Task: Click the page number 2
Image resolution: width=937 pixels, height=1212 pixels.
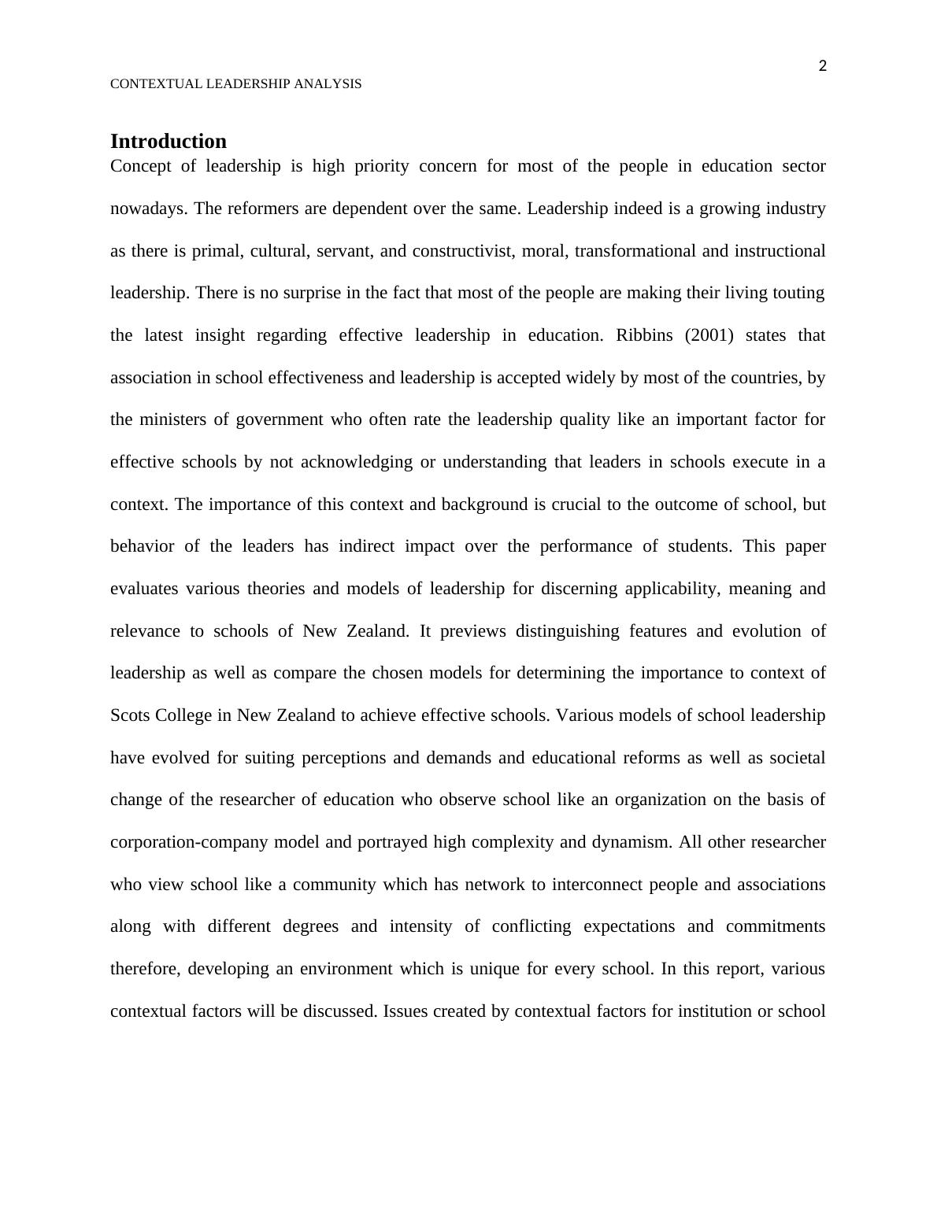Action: click(x=822, y=66)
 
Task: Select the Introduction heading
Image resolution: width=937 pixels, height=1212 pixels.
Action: click(x=169, y=142)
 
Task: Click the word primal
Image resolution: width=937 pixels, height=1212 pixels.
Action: click(x=216, y=251)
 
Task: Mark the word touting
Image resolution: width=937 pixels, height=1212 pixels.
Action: click(x=798, y=293)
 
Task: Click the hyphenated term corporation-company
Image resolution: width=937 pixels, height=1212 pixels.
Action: click(x=189, y=842)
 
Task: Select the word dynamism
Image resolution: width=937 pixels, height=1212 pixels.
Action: click(x=631, y=842)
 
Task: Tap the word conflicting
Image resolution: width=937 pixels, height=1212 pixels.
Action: click(x=531, y=926)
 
